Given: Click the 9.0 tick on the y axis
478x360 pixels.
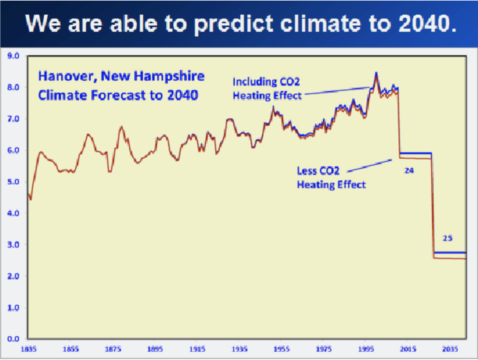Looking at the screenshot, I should (13, 56).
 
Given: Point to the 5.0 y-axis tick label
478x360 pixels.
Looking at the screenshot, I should (13, 182).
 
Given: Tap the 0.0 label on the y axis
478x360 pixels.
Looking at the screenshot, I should (13, 339).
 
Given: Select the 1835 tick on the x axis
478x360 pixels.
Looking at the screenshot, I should (28, 349).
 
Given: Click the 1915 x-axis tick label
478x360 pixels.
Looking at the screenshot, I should (197, 349).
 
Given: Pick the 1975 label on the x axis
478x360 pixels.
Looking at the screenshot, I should (324, 349).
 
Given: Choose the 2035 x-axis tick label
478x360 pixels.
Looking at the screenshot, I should (450, 349).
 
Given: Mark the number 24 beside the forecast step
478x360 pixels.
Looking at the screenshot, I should (409, 171).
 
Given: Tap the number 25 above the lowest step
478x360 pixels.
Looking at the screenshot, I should (447, 238).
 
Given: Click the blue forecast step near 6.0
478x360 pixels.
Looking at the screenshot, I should (416, 153).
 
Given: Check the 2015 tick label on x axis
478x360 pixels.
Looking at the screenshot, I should (408, 349).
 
